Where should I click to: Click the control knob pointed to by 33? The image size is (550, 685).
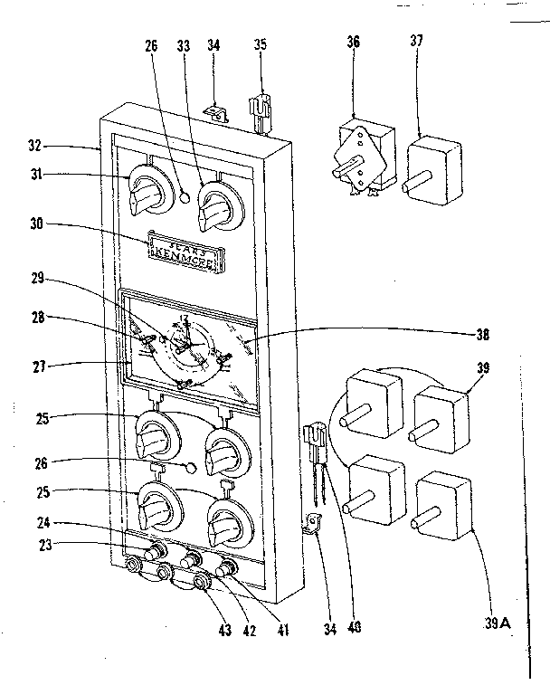[218, 209]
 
